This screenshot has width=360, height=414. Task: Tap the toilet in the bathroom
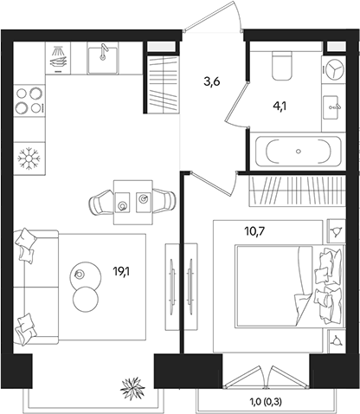pyautogui.click(x=280, y=65)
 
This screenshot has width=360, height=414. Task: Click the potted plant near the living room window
pyautogui.click(x=134, y=385)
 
